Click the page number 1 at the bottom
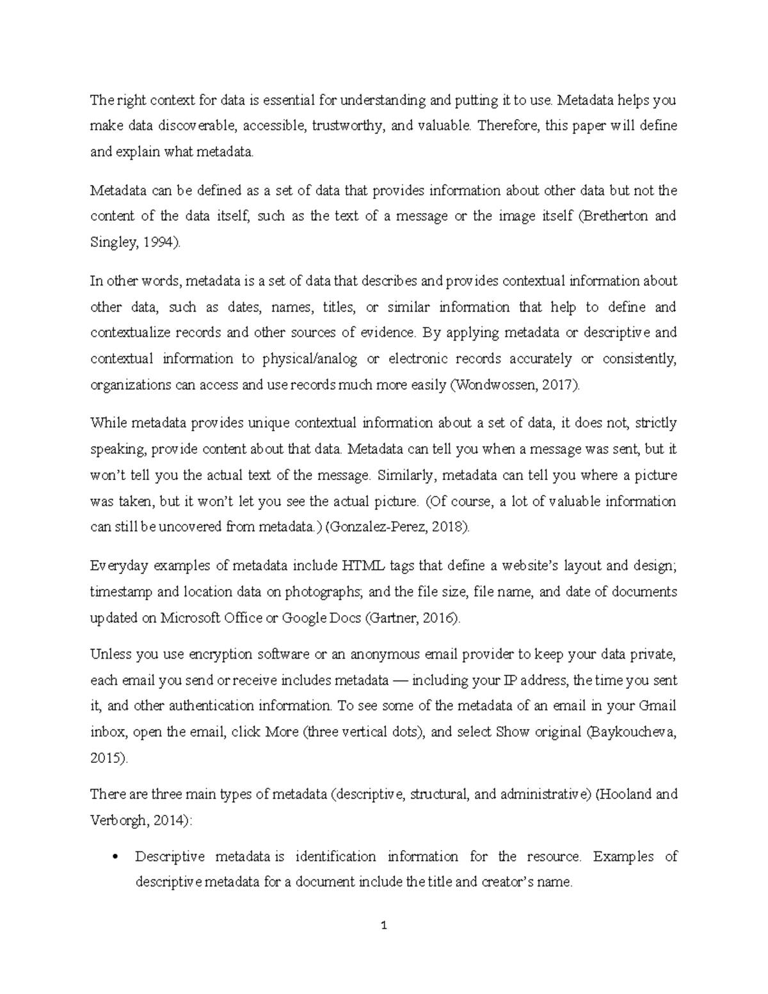pos(384,926)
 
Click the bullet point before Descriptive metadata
pos(115,857)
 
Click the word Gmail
pos(657,706)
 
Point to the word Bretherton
pos(614,216)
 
